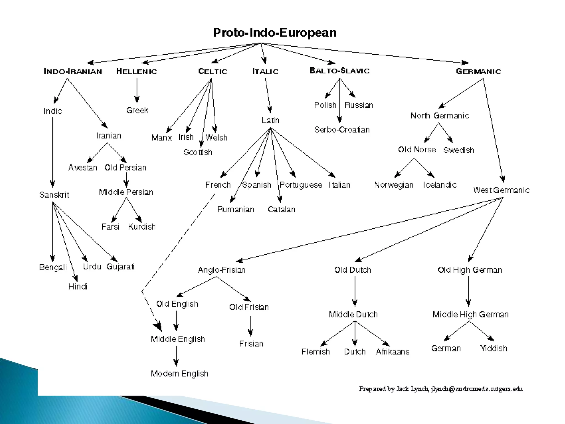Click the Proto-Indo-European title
[x=275, y=33]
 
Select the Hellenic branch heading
[x=137, y=71]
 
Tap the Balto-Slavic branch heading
[x=340, y=71]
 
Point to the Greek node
[x=137, y=110]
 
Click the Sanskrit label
[x=54, y=195]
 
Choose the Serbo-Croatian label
[x=342, y=130]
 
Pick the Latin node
[x=270, y=120]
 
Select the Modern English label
[x=179, y=374]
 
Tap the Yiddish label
[x=494, y=348]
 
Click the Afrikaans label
[x=393, y=352]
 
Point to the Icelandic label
[x=440, y=185]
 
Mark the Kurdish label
[x=142, y=227]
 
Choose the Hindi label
[x=78, y=287]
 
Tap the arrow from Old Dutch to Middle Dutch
[x=355, y=291]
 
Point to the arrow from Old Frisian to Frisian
[x=250, y=326]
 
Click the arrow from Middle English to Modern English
[x=176, y=356]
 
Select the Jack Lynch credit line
[x=441, y=389]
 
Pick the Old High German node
[x=470, y=270]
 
